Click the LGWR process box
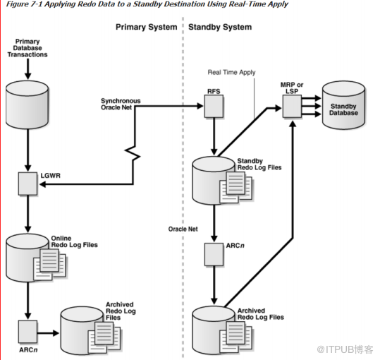[27, 185]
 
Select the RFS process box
[214, 107]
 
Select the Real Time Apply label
[231, 72]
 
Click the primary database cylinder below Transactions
[27, 104]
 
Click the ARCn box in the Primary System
[27, 328]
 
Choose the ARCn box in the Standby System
[214, 251]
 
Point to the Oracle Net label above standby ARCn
[182, 229]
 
